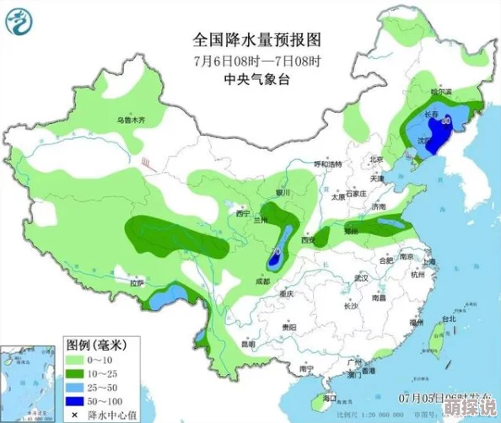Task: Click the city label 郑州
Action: tap(352, 228)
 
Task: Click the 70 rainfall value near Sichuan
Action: tap(277, 250)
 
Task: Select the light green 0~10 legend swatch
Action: tap(79, 360)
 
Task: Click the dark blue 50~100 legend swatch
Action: tap(79, 400)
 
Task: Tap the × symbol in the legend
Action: tap(73, 414)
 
